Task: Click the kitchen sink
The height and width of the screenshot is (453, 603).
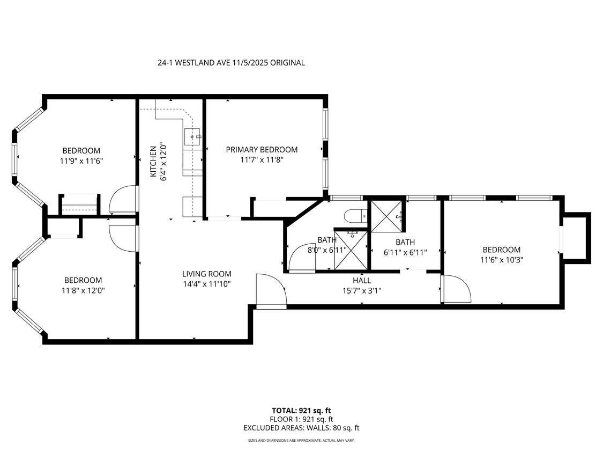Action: pyautogui.click(x=192, y=137)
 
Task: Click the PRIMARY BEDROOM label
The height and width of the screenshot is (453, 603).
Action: pyautogui.click(x=261, y=150)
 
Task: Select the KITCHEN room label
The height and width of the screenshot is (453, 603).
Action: pyautogui.click(x=153, y=162)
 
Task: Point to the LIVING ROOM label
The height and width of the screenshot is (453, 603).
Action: pyautogui.click(x=206, y=274)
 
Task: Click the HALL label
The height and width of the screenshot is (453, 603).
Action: pyautogui.click(x=361, y=280)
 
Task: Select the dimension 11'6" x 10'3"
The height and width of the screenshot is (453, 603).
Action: pyautogui.click(x=501, y=259)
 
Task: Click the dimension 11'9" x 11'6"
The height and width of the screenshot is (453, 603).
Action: pyautogui.click(x=81, y=160)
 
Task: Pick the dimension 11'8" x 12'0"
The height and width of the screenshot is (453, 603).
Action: pyautogui.click(x=83, y=290)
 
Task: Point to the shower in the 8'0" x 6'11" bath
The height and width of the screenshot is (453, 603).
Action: pyautogui.click(x=352, y=251)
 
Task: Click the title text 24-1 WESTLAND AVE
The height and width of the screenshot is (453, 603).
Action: pyautogui.click(x=231, y=63)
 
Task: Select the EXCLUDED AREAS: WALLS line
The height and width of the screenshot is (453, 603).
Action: pyautogui.click(x=301, y=428)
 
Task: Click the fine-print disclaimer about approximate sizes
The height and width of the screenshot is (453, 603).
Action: pyautogui.click(x=301, y=441)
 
